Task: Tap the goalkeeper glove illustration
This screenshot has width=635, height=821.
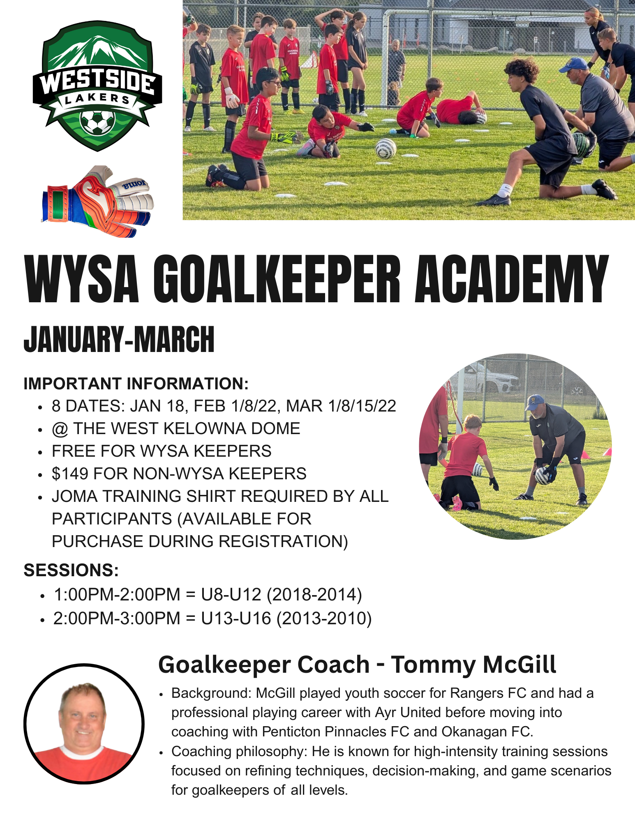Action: pos(97,201)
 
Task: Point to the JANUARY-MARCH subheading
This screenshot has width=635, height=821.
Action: pos(119,339)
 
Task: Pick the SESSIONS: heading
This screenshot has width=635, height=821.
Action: pos(71,570)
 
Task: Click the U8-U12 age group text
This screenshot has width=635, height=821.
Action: pos(231,594)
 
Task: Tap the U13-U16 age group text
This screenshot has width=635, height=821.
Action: pos(236,618)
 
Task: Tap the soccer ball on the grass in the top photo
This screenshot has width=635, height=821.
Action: pos(386,149)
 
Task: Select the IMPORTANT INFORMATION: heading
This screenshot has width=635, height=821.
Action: pos(136,384)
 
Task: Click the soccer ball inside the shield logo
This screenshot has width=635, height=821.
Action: pos(97,122)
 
